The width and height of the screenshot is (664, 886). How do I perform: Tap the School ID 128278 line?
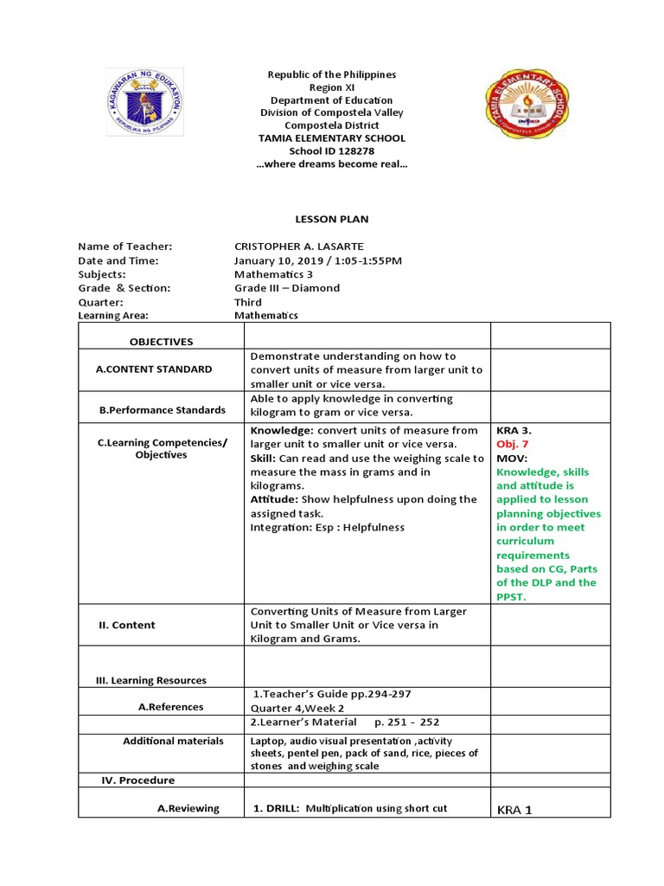[x=332, y=151]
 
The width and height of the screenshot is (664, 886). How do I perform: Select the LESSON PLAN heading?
[x=332, y=220]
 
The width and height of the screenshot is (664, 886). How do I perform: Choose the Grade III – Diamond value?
[x=287, y=288]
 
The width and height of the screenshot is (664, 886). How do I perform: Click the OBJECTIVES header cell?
[x=162, y=342]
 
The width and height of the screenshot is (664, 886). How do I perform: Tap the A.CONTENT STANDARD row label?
[x=154, y=369]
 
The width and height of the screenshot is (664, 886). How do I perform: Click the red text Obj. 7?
[x=512, y=444]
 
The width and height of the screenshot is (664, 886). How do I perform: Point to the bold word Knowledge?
[x=282, y=430]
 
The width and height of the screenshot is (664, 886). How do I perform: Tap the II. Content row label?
[x=126, y=625]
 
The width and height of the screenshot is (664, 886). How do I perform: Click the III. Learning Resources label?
[x=151, y=681]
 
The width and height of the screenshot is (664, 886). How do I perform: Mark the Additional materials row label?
[x=173, y=741]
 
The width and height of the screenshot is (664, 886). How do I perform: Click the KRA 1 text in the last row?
[x=514, y=810]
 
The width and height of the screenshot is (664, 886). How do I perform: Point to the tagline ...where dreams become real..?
[x=332, y=164]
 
